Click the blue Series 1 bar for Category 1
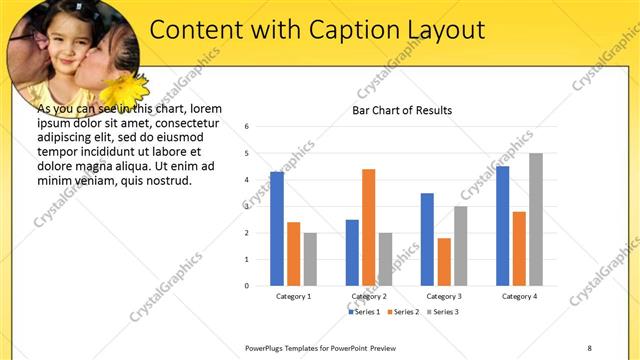click(x=277, y=229)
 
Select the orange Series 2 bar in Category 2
click(x=369, y=227)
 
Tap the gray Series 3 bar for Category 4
click(x=536, y=219)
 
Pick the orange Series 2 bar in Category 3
click(x=444, y=262)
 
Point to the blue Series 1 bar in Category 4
click(x=502, y=226)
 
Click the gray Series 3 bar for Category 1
click(x=310, y=259)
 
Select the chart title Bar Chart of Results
click(x=401, y=110)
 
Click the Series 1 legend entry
click(x=363, y=312)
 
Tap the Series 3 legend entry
click(x=443, y=312)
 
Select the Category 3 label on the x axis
click(x=443, y=297)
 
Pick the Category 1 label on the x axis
click(x=293, y=297)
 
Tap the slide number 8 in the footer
click(x=589, y=347)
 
